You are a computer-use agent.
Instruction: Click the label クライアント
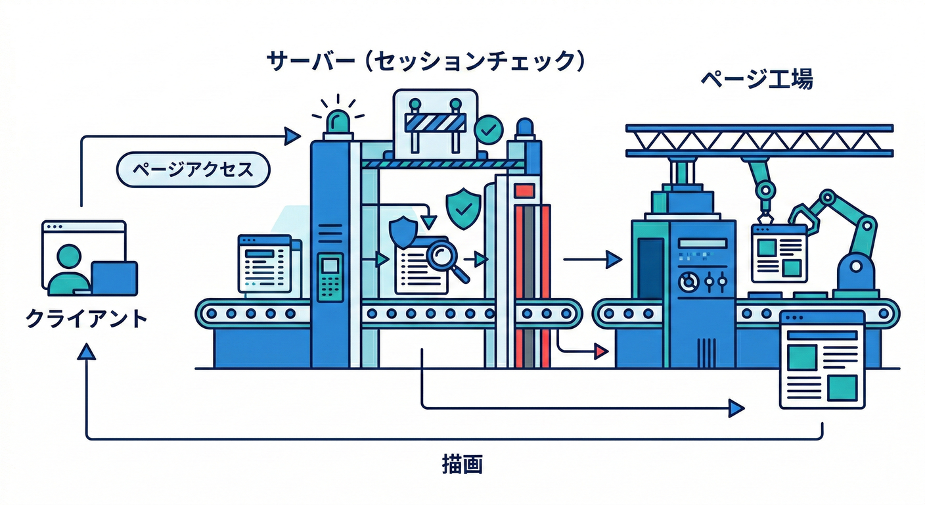coord(86,319)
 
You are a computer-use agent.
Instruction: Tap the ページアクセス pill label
coord(193,170)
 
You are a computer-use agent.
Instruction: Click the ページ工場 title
coord(756,80)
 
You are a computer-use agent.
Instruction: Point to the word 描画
coord(462,465)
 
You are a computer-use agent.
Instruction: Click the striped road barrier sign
coord(435,122)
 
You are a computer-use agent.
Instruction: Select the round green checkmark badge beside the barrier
coord(488,130)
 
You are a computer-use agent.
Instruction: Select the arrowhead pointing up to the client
coord(86,352)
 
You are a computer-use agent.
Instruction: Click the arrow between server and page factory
coord(591,260)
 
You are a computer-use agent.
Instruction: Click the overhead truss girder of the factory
coord(759,139)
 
